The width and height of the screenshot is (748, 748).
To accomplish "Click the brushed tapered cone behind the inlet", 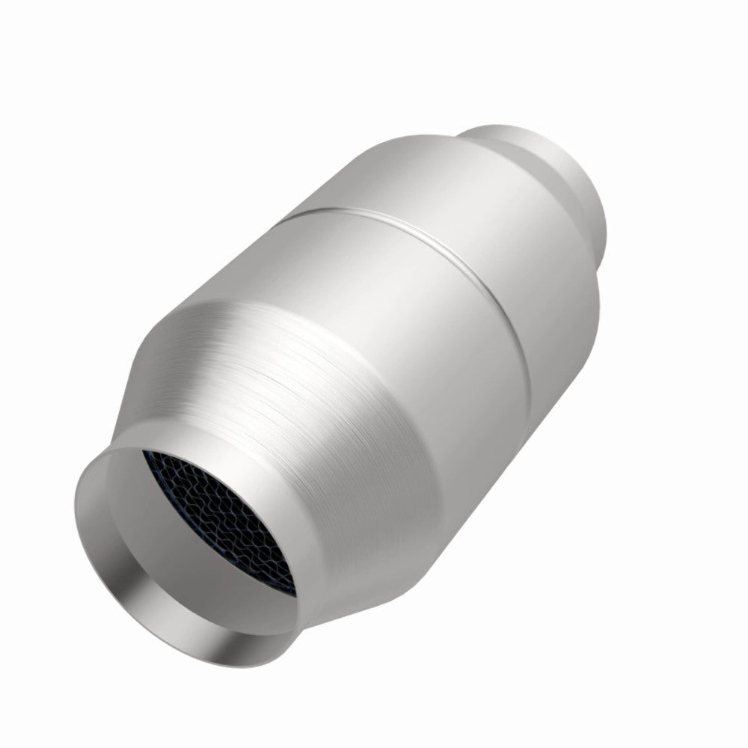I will coord(299,419).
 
